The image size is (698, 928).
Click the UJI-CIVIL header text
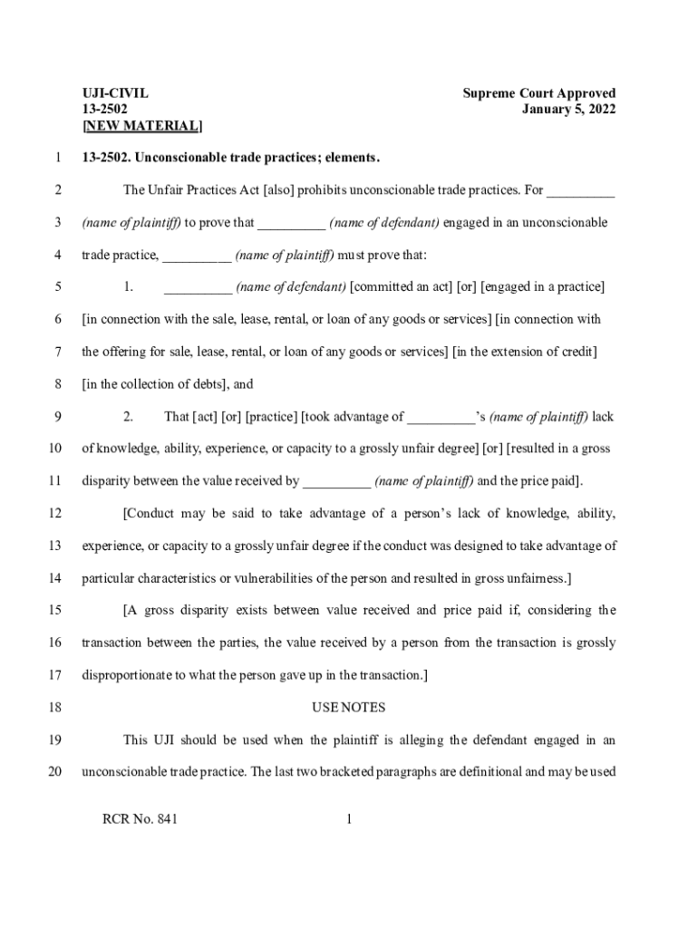click(x=115, y=93)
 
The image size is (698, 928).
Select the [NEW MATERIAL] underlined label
click(x=142, y=125)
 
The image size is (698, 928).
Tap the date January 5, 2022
click(x=568, y=110)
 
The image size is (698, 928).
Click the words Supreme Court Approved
click(x=538, y=93)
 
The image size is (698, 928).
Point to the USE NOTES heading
click(x=349, y=707)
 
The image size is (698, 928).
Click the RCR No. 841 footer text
click(x=141, y=820)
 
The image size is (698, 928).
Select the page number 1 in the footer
click(x=349, y=820)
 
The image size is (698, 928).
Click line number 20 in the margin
click(x=54, y=772)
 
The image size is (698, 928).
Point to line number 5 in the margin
click(x=57, y=287)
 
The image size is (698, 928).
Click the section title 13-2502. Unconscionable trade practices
click(x=231, y=158)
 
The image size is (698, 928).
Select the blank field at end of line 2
click(x=581, y=191)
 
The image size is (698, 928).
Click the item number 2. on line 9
click(x=129, y=417)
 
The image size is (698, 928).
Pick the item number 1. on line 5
click(x=129, y=287)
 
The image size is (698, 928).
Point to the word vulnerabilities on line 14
click(x=285, y=578)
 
